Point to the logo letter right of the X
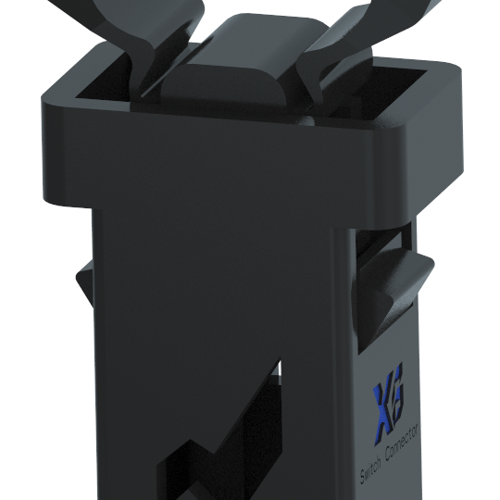(397, 392)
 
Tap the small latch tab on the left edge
(85, 281)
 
